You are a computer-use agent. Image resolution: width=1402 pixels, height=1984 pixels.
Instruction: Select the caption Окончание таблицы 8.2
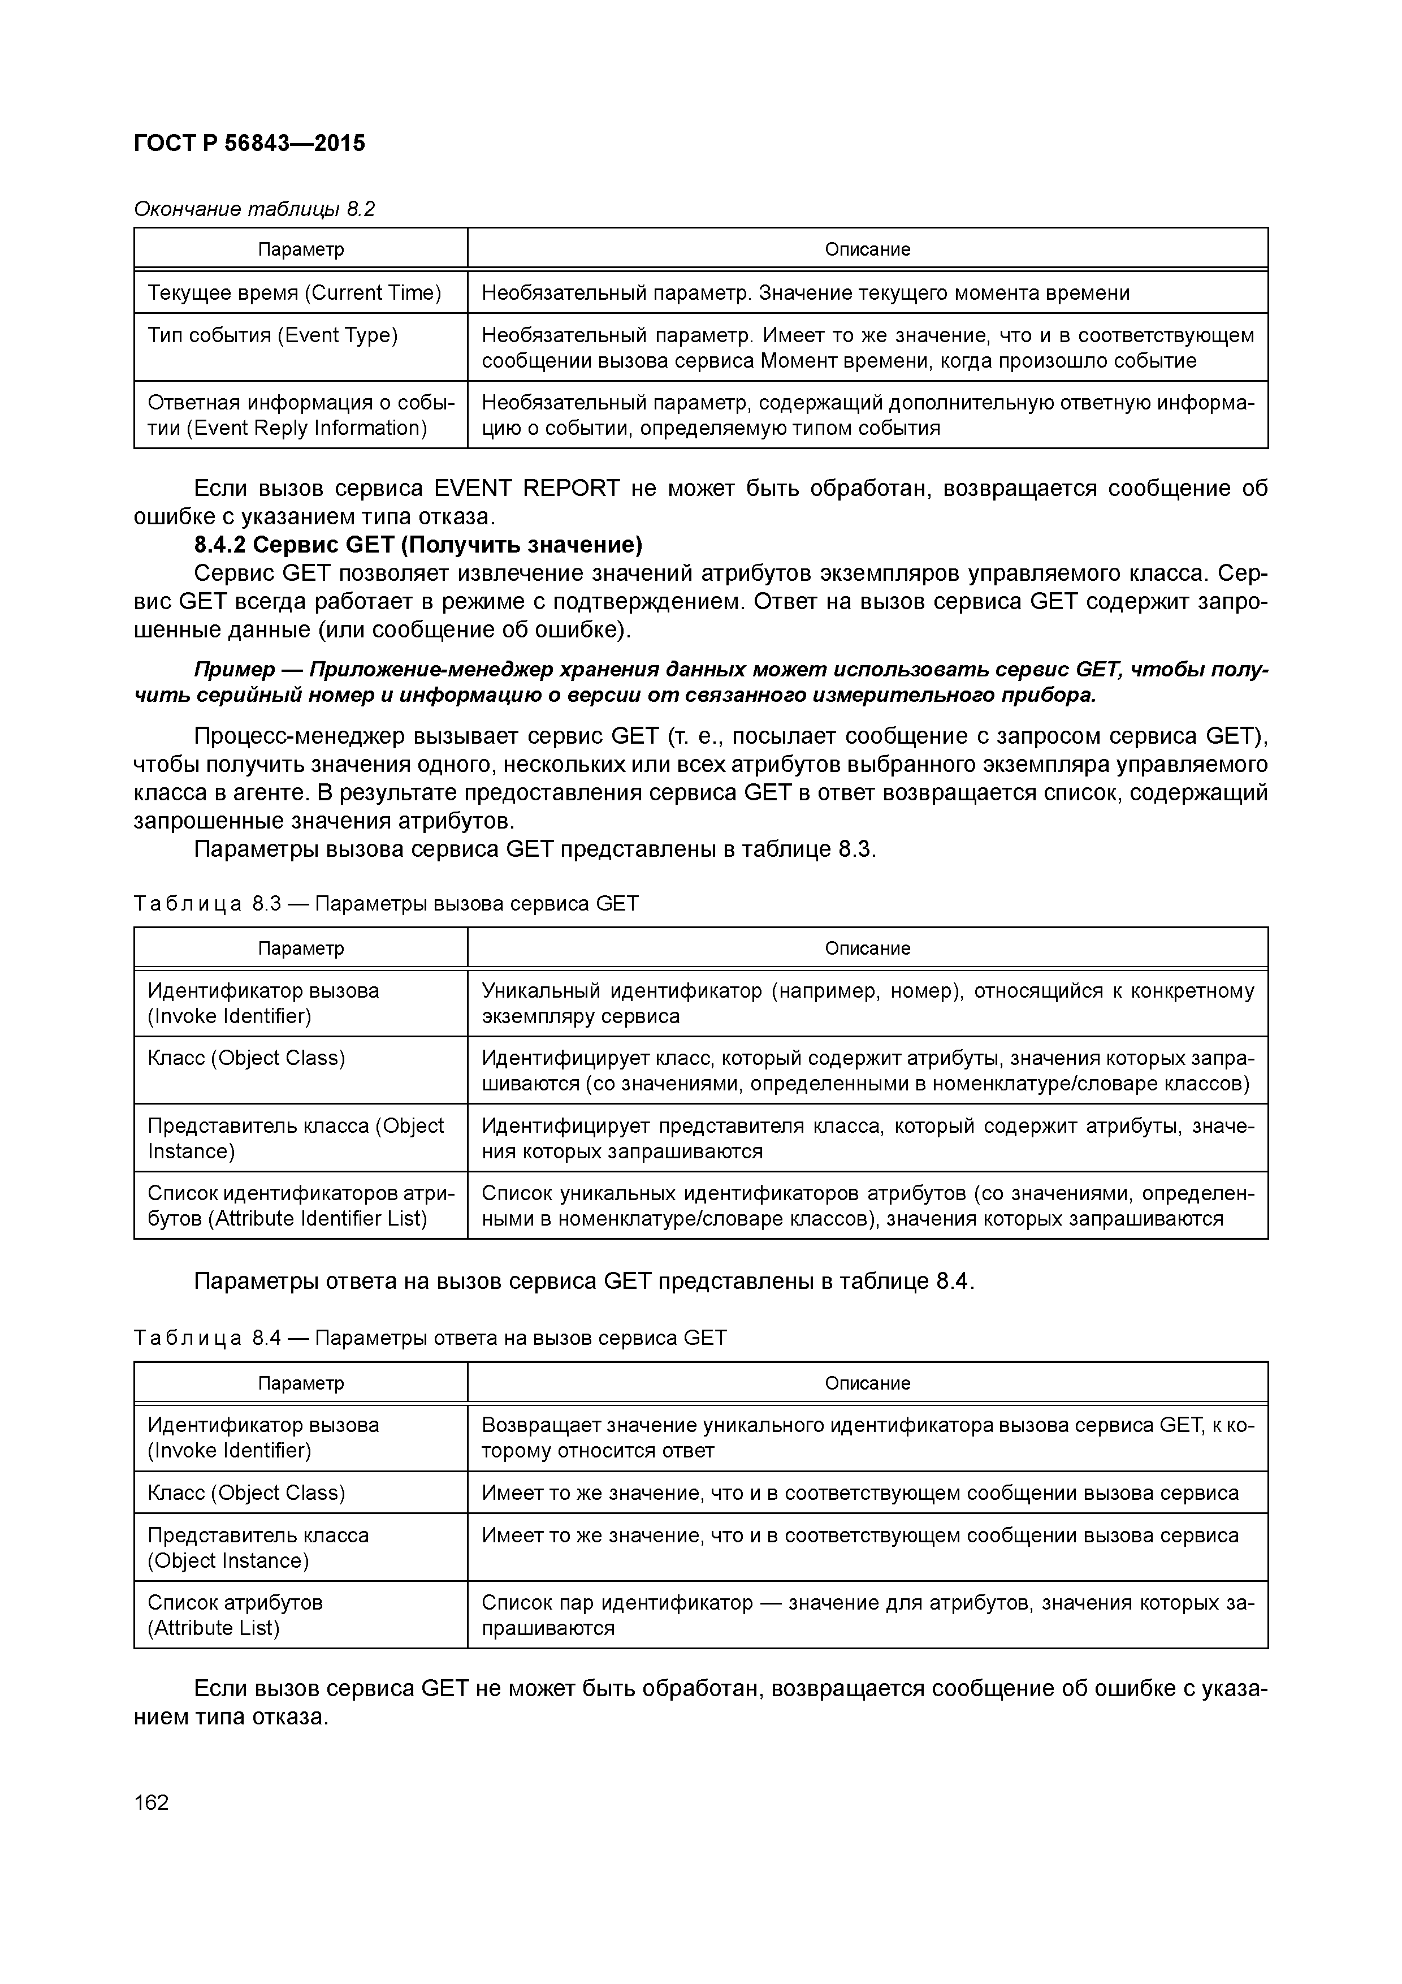254,209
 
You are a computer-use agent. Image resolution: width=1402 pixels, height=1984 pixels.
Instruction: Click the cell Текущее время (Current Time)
294,293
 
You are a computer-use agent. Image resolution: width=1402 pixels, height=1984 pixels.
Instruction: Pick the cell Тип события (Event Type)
272,335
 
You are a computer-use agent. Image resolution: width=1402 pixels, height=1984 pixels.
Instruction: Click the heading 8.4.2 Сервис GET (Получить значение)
418,545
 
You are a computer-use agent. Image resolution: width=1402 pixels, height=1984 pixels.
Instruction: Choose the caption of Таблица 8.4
430,1339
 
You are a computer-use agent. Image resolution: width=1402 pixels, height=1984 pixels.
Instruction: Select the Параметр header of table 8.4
301,1383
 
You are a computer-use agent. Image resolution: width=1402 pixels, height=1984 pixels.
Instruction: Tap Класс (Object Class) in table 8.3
246,1059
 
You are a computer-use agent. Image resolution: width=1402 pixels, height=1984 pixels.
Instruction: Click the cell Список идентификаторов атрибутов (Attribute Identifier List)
299,1206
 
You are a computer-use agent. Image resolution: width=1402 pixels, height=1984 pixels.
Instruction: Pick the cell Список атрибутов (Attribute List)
235,1615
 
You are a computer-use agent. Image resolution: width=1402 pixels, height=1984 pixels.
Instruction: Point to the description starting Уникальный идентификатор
867,1003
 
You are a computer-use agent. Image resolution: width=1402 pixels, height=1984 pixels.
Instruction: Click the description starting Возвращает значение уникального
867,1438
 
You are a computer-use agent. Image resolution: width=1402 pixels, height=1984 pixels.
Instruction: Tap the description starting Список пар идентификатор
867,1615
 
